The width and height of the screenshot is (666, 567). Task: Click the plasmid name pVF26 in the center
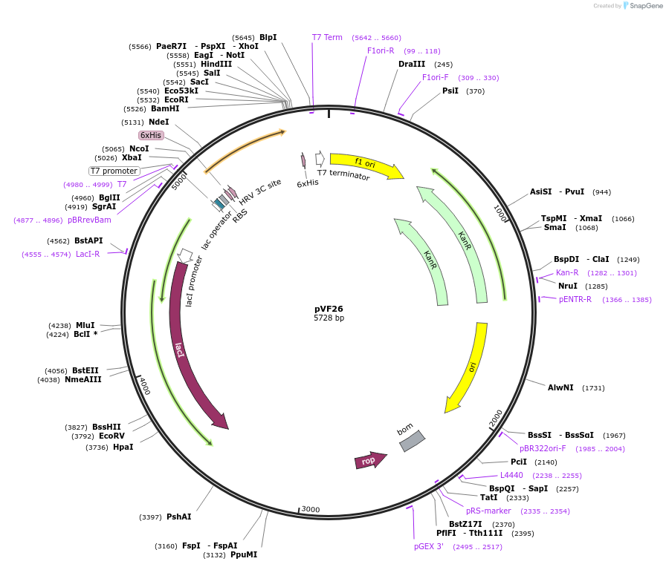[x=329, y=309]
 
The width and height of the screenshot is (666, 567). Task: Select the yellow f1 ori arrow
[x=364, y=165]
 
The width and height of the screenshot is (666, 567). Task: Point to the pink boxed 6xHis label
[x=151, y=136]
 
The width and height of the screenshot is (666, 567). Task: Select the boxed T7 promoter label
[x=114, y=171]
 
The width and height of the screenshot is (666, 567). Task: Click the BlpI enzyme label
[x=268, y=37]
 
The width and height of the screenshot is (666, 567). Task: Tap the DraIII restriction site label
[x=412, y=64]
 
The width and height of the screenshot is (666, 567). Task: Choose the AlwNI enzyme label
[x=560, y=387]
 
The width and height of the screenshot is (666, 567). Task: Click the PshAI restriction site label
[x=178, y=517]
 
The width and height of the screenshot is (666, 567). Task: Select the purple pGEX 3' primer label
[x=429, y=546]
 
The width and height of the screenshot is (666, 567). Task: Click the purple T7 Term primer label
[x=327, y=37]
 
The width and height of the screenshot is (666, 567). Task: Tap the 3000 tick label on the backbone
[x=311, y=509]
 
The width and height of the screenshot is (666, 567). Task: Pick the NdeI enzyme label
[x=158, y=122]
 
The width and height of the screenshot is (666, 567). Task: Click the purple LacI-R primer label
[x=88, y=254]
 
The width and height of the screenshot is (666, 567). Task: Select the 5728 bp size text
[x=329, y=318]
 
